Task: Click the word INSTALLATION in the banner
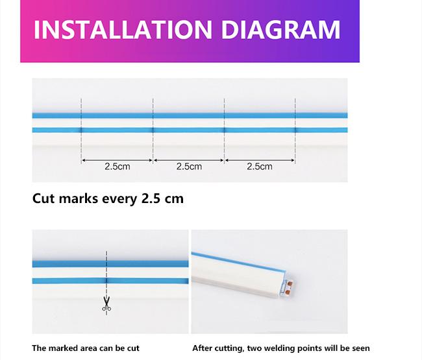click(123, 30)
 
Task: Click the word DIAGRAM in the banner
click(280, 30)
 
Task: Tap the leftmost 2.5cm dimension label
click(118, 167)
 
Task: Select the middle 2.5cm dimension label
click(189, 167)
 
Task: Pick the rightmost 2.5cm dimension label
click(260, 167)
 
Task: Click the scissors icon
click(106, 304)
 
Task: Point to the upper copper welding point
click(290, 283)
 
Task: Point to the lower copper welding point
click(288, 292)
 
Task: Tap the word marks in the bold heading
click(79, 198)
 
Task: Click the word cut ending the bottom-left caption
click(133, 348)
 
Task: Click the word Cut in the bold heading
click(44, 198)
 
